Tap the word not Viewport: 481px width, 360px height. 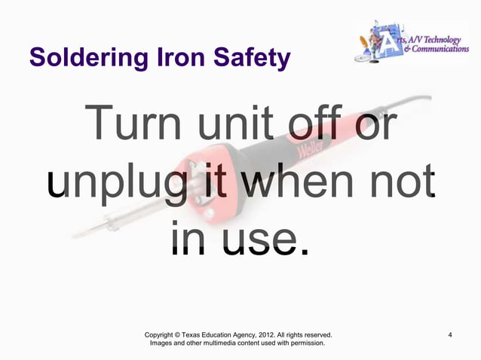click(403, 184)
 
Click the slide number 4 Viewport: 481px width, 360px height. click(450, 334)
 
